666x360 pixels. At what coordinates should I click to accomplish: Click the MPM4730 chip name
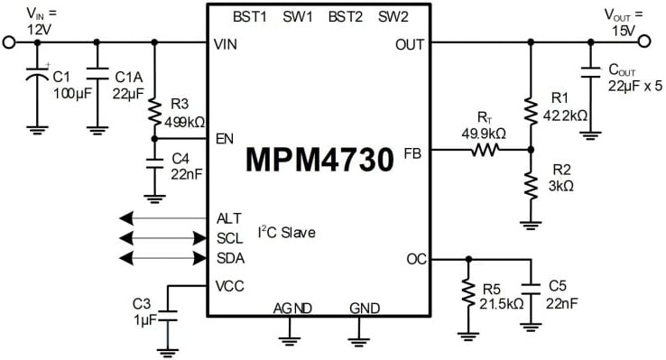319,162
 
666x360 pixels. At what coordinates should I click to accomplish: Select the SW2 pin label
393,16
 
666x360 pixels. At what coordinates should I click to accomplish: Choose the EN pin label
226,139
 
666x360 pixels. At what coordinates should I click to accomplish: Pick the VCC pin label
231,286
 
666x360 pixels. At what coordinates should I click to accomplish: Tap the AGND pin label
292,309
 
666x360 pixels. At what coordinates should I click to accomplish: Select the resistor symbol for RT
483,152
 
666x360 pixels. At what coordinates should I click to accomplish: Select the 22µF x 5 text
634,86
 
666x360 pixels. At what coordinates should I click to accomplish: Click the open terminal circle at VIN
11,42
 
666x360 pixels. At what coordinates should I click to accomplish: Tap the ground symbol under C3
167,349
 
